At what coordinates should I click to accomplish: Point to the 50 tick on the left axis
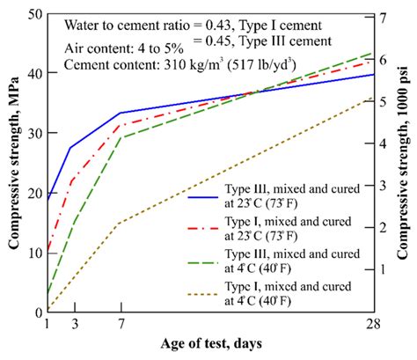[35, 14]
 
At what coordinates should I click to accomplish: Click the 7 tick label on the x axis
[120, 323]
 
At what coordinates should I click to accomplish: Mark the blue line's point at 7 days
[120, 113]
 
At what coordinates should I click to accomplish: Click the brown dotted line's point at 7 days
[120, 223]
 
